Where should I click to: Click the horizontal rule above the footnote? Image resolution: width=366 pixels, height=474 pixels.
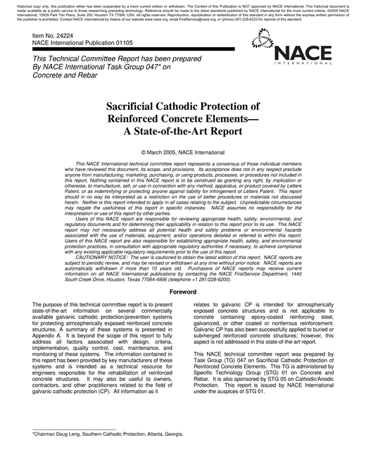tap(74, 429)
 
